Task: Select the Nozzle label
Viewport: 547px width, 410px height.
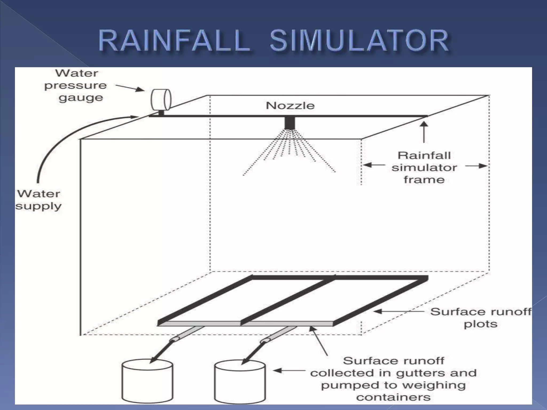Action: tap(290, 106)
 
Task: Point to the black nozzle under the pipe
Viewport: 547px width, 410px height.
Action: tap(290, 123)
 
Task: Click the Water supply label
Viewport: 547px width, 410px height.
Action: tap(38, 200)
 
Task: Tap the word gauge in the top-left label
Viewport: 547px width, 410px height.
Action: tap(81, 98)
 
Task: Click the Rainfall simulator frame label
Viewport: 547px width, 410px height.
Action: tap(424, 167)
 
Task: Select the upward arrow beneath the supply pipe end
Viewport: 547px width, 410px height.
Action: tap(424, 132)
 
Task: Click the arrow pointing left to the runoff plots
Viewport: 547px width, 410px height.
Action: tap(398, 311)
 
